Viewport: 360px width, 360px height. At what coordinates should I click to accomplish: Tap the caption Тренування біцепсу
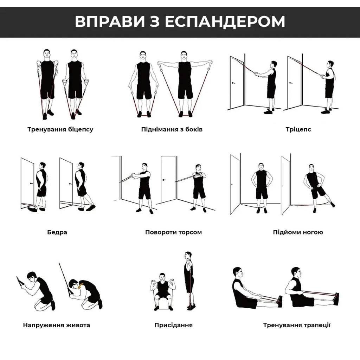[x=60, y=129]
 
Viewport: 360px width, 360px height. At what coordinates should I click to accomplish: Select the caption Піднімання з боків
[x=172, y=129]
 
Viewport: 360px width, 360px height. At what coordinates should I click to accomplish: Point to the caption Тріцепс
[x=298, y=129]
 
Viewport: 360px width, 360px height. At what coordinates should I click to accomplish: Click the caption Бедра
[x=57, y=232]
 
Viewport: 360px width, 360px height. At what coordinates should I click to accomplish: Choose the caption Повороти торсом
[x=173, y=232]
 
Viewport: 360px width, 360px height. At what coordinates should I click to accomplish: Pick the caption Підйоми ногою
[x=298, y=232]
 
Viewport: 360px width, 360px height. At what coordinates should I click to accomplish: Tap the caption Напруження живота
[x=57, y=325]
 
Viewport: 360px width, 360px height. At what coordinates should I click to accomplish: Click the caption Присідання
[x=173, y=325]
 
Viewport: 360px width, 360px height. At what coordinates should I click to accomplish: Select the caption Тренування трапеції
[x=297, y=325]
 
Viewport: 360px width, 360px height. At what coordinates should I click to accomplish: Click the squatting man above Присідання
[x=162, y=292]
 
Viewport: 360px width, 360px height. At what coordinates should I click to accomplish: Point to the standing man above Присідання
[x=189, y=279]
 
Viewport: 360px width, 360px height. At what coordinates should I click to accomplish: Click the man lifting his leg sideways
[x=314, y=186]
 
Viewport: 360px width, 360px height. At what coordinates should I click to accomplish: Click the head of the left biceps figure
[x=47, y=54]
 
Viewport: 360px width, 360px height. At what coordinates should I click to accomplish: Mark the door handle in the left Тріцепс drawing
[x=234, y=83]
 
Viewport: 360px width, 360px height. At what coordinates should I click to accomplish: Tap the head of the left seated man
[x=237, y=272]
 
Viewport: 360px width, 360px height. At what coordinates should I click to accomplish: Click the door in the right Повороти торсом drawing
[x=168, y=179]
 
